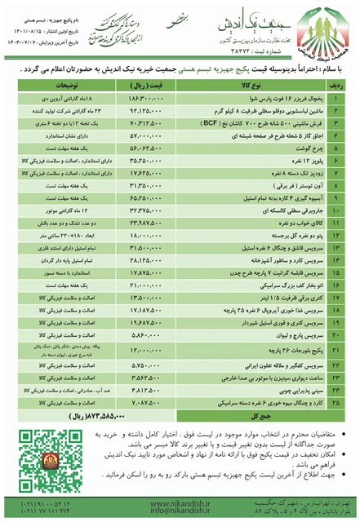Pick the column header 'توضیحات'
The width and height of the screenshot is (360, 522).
pyautogui.click(x=65, y=83)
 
